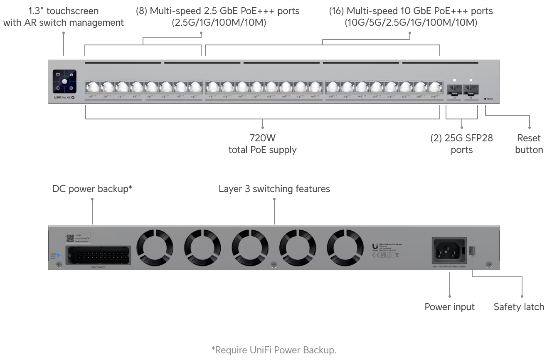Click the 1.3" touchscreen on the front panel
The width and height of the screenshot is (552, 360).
[x=64, y=81]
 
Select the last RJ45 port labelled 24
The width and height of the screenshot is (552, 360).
[x=435, y=87]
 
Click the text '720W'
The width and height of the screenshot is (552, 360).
[x=262, y=138]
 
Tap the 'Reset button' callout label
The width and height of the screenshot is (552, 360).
[x=529, y=144]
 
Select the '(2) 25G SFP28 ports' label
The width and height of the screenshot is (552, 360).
[x=461, y=144]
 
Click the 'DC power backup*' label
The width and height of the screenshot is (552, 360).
[x=92, y=189]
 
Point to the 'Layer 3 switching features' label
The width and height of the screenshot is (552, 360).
[x=274, y=189]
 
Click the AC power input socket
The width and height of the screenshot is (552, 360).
[x=449, y=250]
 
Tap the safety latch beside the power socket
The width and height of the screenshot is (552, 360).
[x=472, y=251]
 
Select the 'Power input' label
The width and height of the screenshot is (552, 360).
[x=449, y=307]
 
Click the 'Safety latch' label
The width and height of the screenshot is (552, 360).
[x=519, y=307]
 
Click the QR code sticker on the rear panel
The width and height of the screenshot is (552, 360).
[x=70, y=238]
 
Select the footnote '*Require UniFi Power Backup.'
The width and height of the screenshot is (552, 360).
[x=274, y=350]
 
